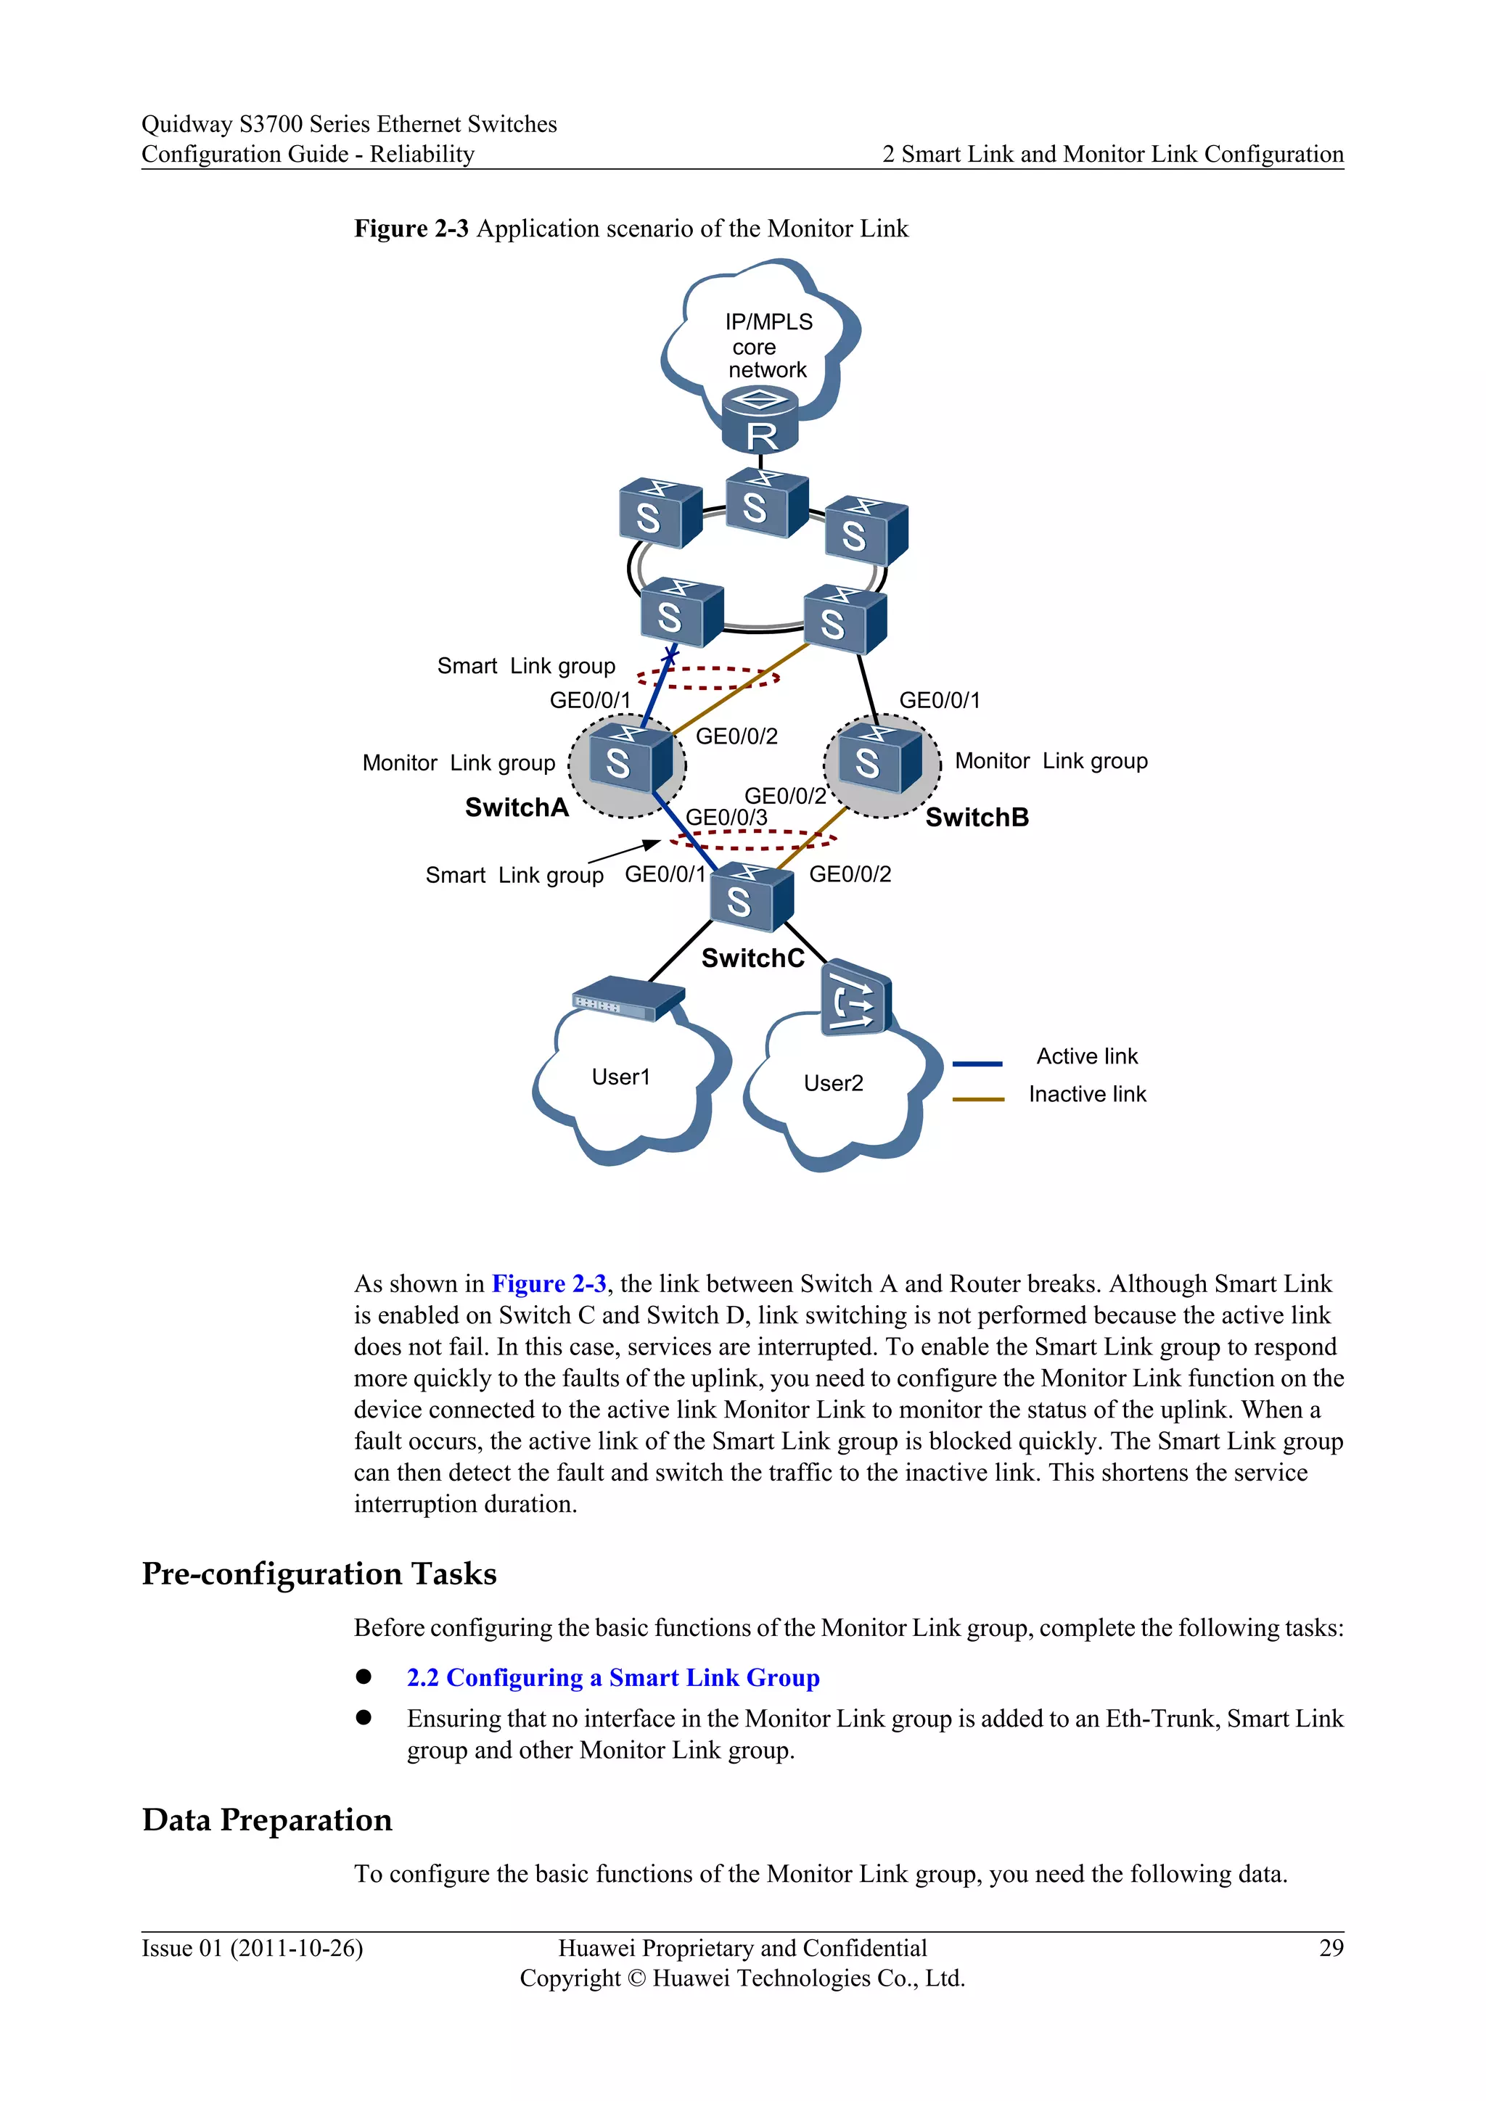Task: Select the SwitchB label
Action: pos(977,817)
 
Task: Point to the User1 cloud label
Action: pos(620,1077)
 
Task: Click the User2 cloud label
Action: pos(833,1083)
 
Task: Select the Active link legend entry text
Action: pos(1086,1057)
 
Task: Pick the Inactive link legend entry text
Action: pos(1086,1095)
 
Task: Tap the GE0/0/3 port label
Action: pos(726,817)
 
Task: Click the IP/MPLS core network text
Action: pos(767,346)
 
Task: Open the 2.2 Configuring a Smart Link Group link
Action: pos(612,1677)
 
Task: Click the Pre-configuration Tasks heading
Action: pos(319,1574)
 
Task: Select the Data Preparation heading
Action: pos(266,1820)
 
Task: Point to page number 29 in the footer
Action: pos(1331,1948)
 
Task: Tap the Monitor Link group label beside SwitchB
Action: pos(1051,761)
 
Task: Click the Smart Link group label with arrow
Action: pos(514,876)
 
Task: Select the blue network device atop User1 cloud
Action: pos(628,998)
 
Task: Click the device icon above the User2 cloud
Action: pos(855,998)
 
